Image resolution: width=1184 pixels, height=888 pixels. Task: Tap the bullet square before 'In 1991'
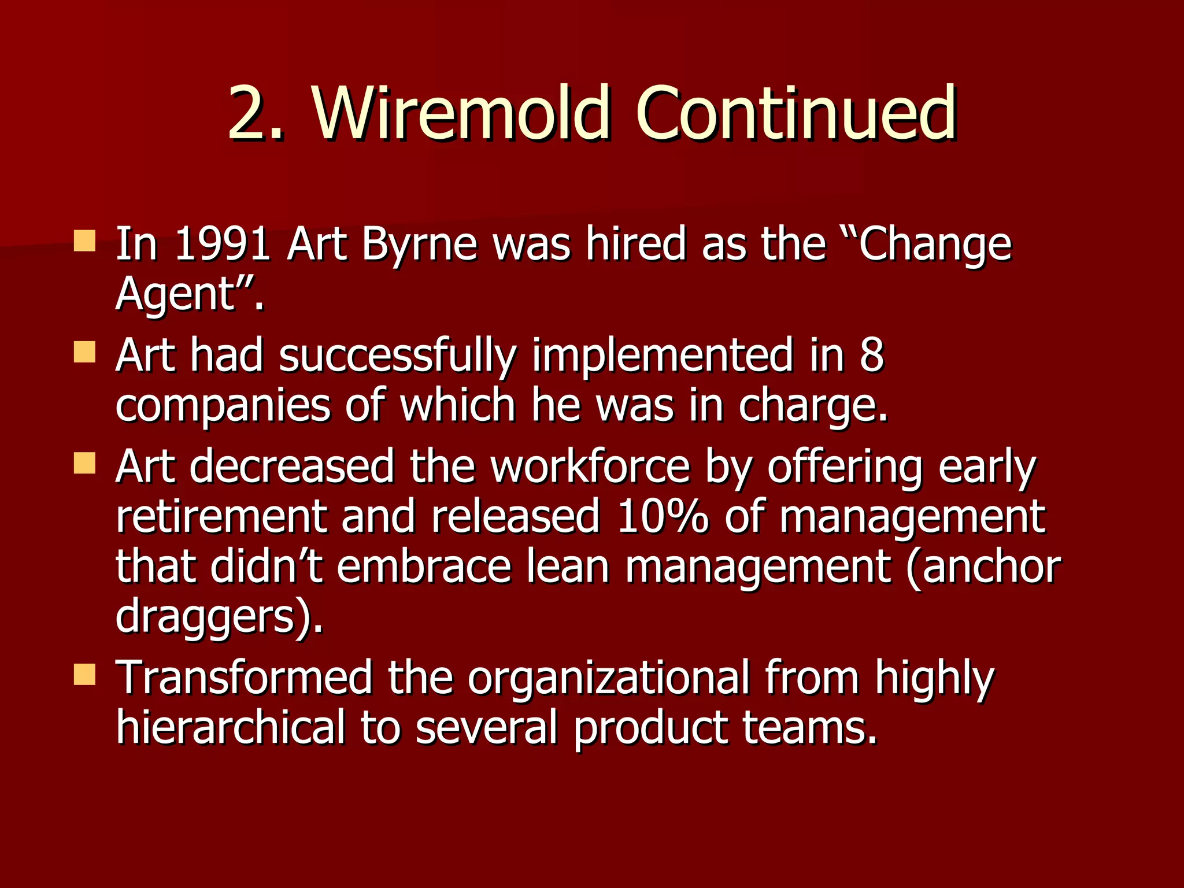point(85,240)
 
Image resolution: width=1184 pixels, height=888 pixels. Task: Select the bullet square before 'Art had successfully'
point(85,351)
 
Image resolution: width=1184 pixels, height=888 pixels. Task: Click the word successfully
point(397,356)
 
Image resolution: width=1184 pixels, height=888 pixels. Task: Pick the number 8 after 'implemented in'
point(871,355)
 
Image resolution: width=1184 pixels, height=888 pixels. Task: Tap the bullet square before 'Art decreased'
point(85,462)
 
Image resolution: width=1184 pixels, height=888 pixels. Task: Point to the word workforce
point(590,466)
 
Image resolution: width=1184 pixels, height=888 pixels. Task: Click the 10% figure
point(662,516)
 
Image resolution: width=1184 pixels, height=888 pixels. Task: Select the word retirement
point(221,516)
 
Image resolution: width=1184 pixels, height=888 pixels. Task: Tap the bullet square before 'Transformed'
point(85,674)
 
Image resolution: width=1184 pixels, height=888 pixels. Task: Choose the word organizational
point(608,679)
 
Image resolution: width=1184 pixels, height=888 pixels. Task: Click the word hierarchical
point(230,727)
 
